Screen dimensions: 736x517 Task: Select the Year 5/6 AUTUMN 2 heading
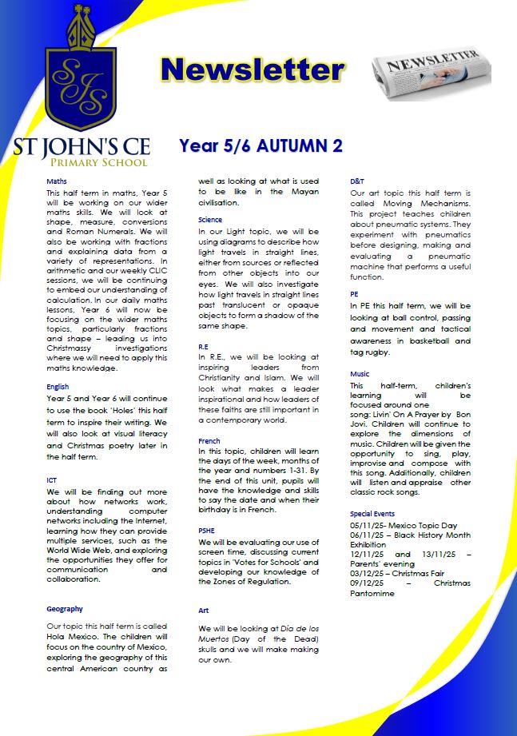tap(260, 146)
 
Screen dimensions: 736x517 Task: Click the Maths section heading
tap(57, 181)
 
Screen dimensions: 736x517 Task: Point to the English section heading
tap(58, 386)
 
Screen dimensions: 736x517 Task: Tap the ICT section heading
tap(52, 480)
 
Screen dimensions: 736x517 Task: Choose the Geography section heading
tap(65, 609)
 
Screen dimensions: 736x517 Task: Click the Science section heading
tap(210, 220)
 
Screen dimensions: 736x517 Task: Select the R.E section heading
tap(205, 348)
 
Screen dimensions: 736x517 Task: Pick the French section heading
tap(209, 441)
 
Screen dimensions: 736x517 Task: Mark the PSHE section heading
tap(206, 529)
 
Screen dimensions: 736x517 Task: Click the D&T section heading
tap(357, 181)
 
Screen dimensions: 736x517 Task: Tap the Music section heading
tap(360, 374)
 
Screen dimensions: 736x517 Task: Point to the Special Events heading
tap(372, 514)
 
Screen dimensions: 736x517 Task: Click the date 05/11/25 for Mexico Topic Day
tap(368, 525)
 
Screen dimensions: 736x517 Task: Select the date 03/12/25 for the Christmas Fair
tap(368, 573)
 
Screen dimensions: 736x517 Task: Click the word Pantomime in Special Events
tap(377, 594)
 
